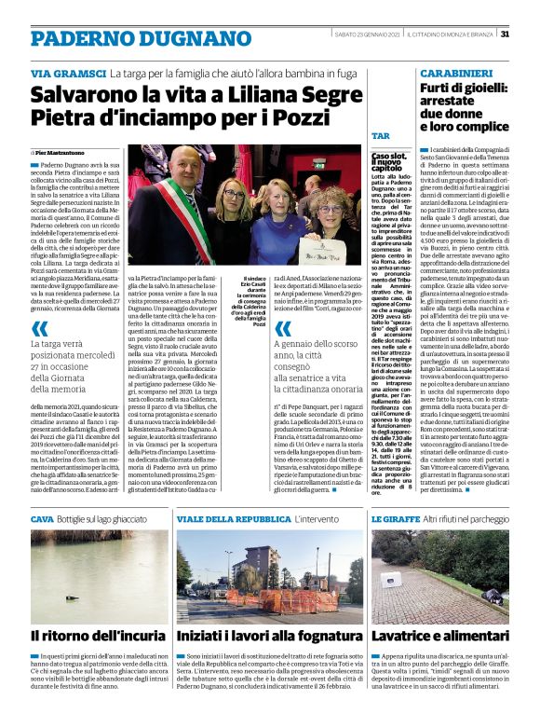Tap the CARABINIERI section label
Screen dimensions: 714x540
coord(454,72)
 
